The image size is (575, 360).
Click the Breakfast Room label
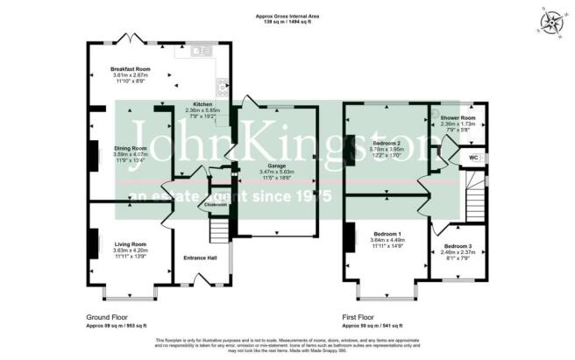pos(131,68)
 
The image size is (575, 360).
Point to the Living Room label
pos(131,244)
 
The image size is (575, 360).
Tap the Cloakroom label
pos(215,206)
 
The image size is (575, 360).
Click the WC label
pos(473,157)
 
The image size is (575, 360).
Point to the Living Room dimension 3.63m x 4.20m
pos(131,251)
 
